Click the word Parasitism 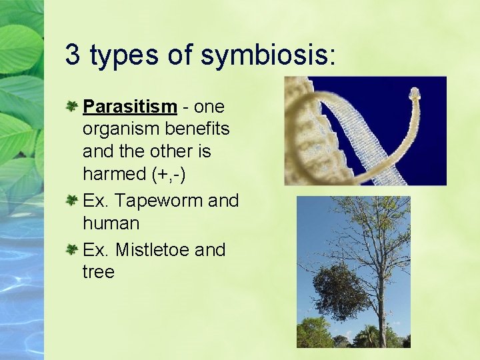(x=129, y=107)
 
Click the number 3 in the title (x=73, y=55)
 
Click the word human (x=111, y=223)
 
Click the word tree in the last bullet (x=99, y=272)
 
